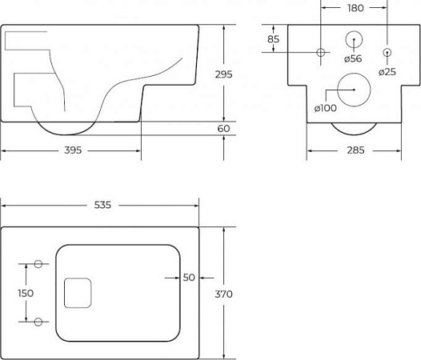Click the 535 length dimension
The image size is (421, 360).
(102, 205)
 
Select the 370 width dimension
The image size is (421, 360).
(223, 294)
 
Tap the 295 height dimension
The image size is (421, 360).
(223, 74)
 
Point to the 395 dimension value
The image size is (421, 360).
(73, 150)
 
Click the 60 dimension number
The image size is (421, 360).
(223, 129)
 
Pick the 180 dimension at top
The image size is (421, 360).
(355, 8)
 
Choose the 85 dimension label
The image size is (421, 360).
(273, 39)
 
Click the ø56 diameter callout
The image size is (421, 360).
(353, 58)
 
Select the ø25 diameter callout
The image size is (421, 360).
(387, 72)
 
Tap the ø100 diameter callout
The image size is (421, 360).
(325, 108)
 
